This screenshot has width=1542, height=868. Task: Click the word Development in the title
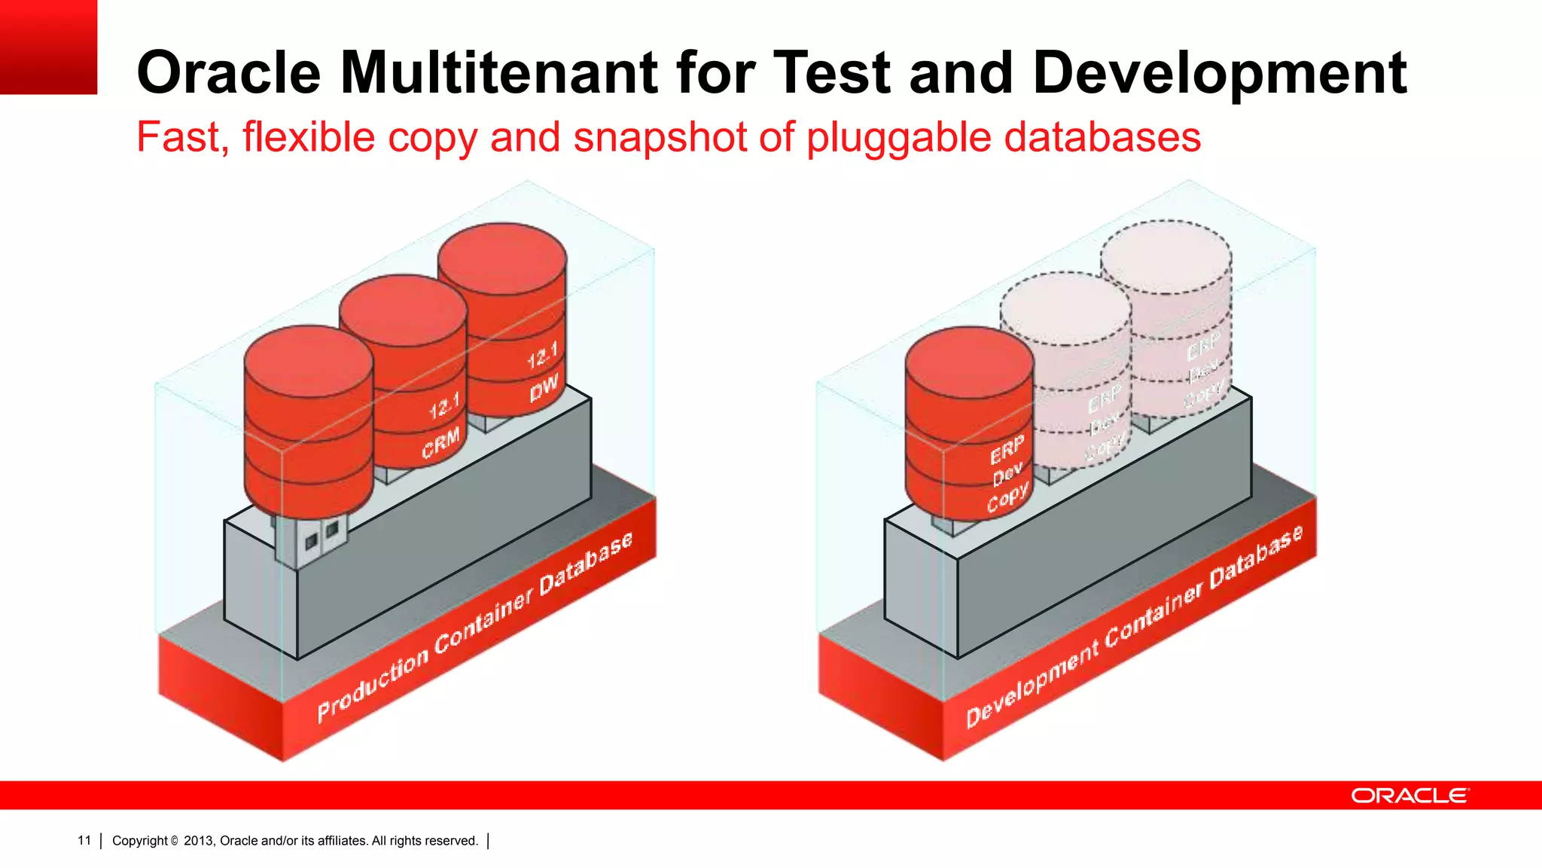[x=1220, y=73]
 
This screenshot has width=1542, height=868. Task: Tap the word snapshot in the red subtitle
[x=662, y=137]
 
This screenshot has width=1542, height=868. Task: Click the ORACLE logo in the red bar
[x=1409, y=796]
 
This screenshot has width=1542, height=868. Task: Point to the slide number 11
[x=84, y=840]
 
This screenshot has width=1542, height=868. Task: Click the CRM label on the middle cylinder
[x=440, y=444]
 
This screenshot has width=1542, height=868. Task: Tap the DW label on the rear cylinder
[x=544, y=388]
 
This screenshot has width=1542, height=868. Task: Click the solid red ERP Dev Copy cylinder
[x=968, y=422]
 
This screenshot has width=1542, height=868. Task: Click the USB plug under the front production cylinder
[x=310, y=538]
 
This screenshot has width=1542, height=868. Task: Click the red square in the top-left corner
[x=48, y=47]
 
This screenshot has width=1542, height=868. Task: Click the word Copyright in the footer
[x=140, y=841]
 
